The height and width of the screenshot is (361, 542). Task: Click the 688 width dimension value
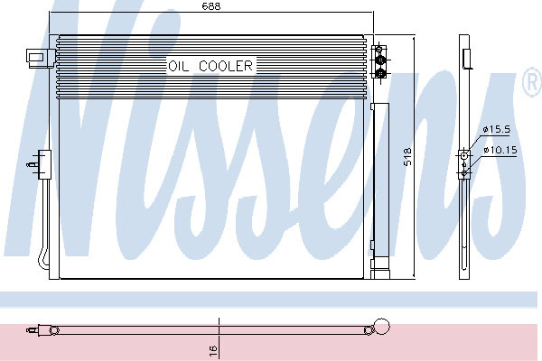[211, 6]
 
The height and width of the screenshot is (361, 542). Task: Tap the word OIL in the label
[179, 66]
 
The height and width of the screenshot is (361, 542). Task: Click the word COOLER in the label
[227, 66]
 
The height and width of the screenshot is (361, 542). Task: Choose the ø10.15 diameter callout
[500, 151]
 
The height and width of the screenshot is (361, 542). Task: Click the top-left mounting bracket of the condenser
[38, 57]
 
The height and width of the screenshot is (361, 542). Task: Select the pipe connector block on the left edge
[39, 162]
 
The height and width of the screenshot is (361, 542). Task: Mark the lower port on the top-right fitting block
[380, 73]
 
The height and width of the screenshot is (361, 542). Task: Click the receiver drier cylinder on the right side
[379, 180]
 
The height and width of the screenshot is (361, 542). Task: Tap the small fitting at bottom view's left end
[33, 330]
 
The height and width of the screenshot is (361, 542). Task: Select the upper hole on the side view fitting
[464, 155]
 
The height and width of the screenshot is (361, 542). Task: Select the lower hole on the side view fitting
[464, 168]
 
